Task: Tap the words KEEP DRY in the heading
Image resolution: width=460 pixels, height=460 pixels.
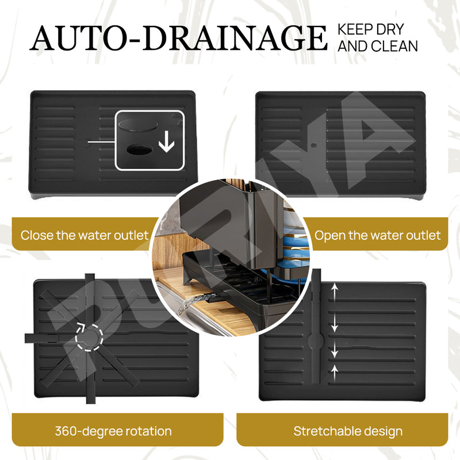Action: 371,29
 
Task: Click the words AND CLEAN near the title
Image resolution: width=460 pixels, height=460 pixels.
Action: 377,47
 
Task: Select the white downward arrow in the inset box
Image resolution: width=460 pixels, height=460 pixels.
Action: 166,142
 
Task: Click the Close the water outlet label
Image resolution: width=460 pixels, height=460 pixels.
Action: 85,235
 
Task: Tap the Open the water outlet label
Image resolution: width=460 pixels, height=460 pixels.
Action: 378,235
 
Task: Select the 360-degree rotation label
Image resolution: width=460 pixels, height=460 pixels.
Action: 113,431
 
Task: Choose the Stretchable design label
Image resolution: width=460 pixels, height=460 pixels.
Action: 348,431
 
